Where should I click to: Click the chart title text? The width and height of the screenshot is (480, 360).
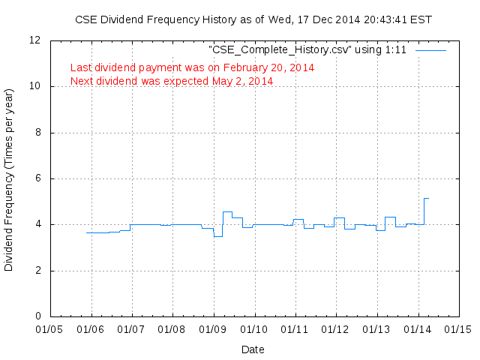[253, 19]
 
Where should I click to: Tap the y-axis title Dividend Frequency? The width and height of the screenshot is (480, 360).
[10, 178]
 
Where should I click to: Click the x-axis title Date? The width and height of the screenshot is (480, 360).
[253, 349]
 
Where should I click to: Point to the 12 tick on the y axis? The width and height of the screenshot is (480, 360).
[35, 40]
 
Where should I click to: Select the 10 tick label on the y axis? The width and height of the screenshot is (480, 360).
[35, 86]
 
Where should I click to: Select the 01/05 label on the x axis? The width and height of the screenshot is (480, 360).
[50, 328]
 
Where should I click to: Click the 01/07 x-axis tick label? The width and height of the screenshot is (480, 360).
[131, 328]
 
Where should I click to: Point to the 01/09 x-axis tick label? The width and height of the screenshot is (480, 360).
[213, 328]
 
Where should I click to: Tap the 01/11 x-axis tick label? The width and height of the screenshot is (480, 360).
[295, 328]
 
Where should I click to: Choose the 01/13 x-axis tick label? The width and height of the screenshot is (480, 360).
[376, 328]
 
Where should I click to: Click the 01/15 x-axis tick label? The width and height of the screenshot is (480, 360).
[457, 328]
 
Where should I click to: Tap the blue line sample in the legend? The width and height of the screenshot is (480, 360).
[430, 51]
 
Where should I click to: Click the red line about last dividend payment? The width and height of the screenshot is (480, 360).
[192, 67]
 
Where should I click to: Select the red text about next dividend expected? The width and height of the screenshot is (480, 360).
[172, 80]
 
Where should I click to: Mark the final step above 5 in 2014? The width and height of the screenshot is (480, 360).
[426, 198]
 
